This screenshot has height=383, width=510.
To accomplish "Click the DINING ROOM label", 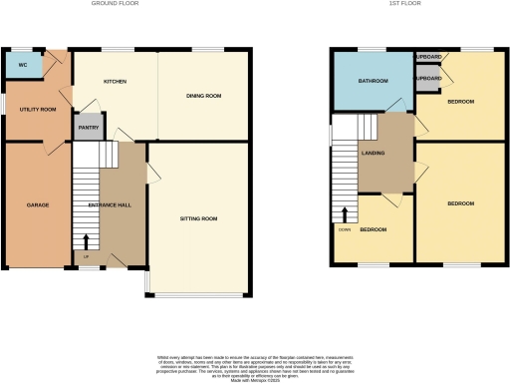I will [x=203, y=97].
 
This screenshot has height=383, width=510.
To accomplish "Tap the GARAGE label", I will [x=38, y=205].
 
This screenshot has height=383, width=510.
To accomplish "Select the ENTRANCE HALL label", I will [x=105, y=205].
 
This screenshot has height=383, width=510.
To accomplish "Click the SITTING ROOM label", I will [x=199, y=217].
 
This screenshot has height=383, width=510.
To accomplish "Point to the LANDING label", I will [x=374, y=153].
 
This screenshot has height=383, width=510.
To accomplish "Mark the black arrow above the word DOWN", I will [x=345, y=214].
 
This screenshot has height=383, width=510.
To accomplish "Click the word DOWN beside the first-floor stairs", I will [x=345, y=228].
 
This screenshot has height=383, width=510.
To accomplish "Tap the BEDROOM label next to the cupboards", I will [x=460, y=102].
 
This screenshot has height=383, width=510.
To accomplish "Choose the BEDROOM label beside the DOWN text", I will [x=374, y=229].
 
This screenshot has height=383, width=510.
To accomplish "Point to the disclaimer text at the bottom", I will [x=255, y=364].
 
